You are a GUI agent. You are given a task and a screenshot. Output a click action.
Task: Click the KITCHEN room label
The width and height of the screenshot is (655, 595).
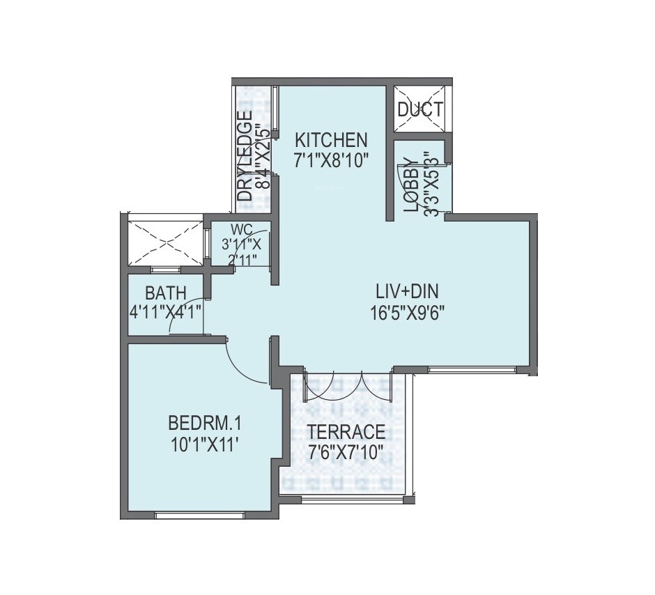[330, 137]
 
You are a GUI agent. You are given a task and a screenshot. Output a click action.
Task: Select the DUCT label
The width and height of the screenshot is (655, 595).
[419, 109]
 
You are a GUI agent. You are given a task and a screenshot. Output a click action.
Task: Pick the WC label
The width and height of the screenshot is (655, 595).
[241, 229]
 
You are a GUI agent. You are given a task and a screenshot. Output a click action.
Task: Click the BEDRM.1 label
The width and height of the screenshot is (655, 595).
[204, 423]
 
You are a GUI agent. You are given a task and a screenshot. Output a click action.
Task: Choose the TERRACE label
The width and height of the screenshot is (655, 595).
[346, 431]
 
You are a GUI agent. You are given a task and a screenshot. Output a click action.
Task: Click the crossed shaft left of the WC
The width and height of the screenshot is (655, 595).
[165, 242]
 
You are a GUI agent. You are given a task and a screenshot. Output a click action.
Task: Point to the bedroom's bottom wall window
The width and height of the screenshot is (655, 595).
[199, 515]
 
